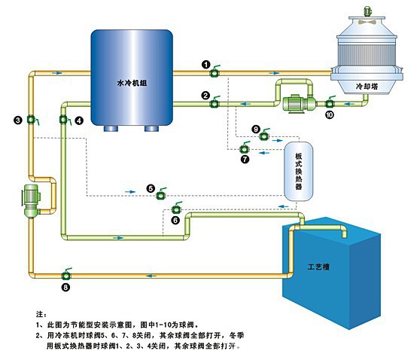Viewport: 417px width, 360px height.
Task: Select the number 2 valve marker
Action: coord(205,95)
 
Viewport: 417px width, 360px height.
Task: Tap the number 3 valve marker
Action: coord(17,120)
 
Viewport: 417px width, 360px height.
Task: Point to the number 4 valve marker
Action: coord(79,121)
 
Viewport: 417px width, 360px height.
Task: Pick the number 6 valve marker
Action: coord(175,220)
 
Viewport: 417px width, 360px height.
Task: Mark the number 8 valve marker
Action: coord(65,287)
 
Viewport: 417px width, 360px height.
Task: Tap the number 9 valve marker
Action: coord(255,130)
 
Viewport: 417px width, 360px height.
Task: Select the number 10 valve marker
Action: coord(328,115)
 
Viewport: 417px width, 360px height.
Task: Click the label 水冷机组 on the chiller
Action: coord(132,83)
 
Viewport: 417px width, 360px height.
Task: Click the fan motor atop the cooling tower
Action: coord(368,11)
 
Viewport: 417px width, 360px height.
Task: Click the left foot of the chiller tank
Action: coord(114,127)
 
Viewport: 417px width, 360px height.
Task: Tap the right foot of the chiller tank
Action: coord(152,127)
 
